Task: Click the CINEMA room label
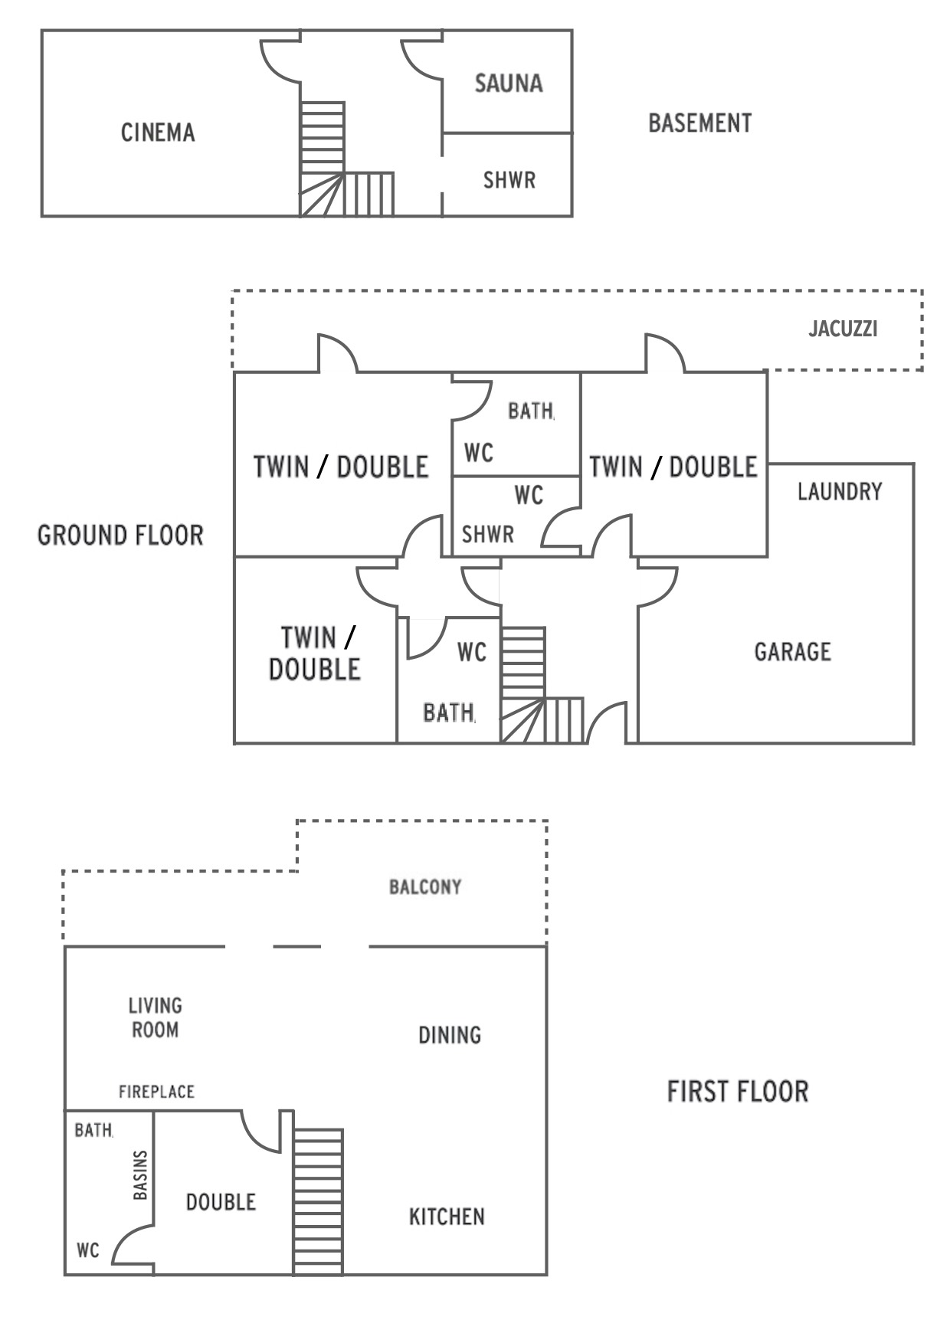click(158, 133)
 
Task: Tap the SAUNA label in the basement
click(509, 83)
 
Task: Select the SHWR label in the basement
click(509, 180)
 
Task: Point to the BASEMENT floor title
click(700, 123)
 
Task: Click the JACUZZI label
click(843, 329)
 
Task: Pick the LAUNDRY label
click(840, 491)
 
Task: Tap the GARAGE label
click(793, 652)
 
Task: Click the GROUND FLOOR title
click(121, 535)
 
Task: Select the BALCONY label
click(425, 887)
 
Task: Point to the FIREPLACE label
click(156, 1092)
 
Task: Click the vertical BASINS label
click(140, 1175)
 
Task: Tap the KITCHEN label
click(447, 1217)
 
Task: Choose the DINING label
click(450, 1036)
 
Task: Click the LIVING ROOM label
click(156, 1017)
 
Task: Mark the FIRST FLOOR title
click(738, 1092)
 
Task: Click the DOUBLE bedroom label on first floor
click(221, 1202)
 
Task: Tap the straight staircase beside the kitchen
click(318, 1201)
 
